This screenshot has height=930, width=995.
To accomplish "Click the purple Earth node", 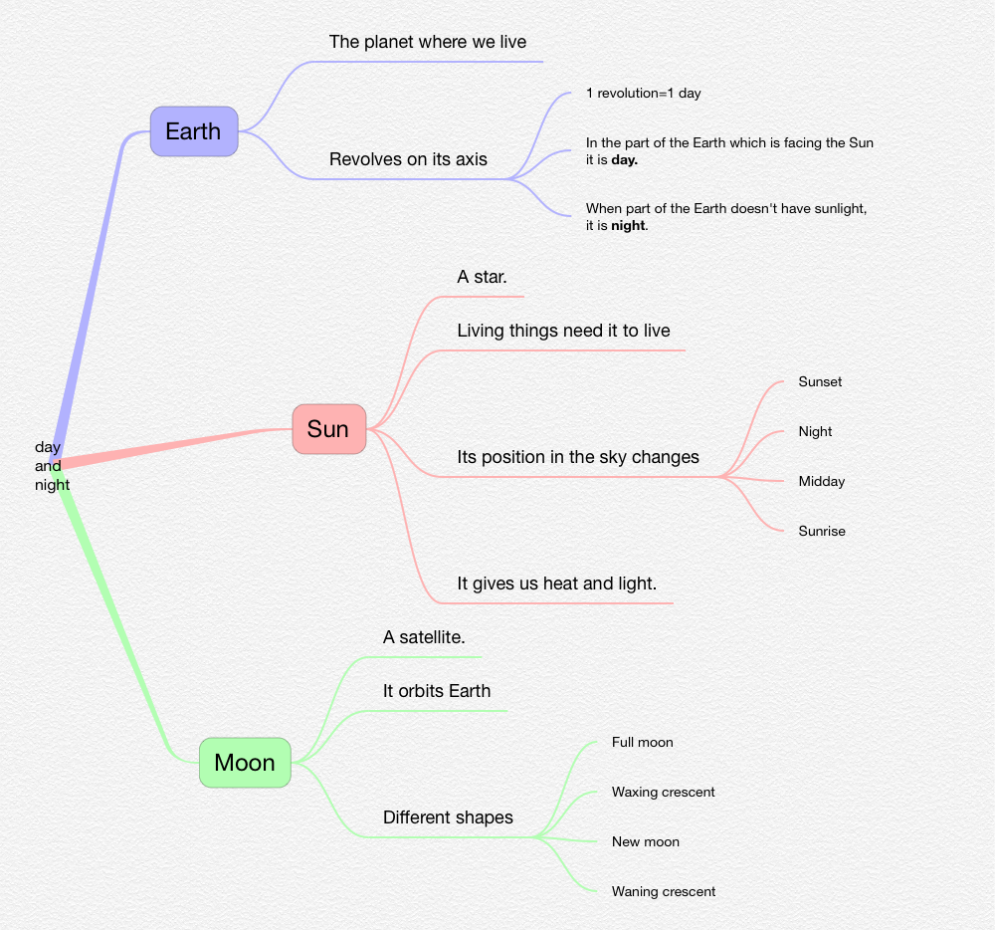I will [194, 131].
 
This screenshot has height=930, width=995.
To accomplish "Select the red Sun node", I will [328, 429].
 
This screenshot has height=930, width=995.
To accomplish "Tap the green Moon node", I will [245, 763].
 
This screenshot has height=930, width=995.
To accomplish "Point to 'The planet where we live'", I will [428, 42].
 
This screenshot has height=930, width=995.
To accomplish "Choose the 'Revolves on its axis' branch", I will [408, 159].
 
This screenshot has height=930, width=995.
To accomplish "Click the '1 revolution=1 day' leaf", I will [643, 94].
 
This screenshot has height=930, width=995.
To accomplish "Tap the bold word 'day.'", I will [624, 159].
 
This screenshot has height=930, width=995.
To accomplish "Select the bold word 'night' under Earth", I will [629, 225].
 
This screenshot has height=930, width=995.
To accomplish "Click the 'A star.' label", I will [482, 277].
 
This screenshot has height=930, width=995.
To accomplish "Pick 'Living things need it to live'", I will [563, 331].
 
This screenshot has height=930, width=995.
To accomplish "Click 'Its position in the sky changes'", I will [578, 457].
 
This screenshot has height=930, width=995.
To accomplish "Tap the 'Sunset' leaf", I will [820, 382].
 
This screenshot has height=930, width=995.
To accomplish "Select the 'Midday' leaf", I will [821, 482].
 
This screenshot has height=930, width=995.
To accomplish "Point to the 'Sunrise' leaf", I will [822, 532].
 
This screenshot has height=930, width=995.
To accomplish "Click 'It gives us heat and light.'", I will [556, 583].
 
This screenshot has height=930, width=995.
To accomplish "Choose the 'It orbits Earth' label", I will [437, 691].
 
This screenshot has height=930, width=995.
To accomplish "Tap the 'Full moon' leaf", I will [642, 743].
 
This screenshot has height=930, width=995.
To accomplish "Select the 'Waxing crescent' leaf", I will [663, 793].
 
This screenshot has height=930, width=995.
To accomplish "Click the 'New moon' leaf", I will [646, 842].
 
